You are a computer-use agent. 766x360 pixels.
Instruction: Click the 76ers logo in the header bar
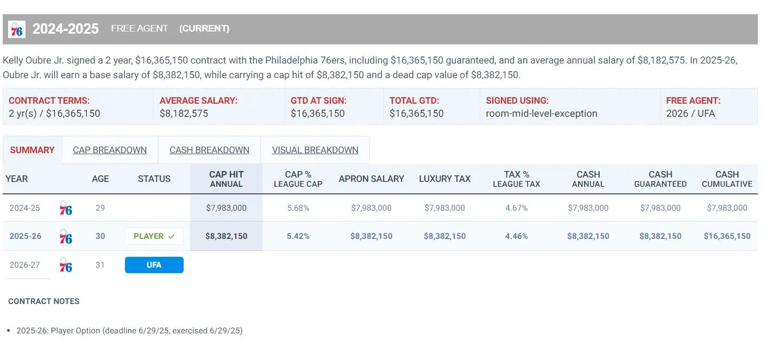pos(17,29)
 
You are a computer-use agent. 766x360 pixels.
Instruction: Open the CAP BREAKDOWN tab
pos(110,150)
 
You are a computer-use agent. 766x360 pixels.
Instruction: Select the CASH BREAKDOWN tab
pos(209,150)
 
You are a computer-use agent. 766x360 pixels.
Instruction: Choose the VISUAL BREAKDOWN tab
pos(315,150)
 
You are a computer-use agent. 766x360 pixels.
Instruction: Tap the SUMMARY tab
pos(32,150)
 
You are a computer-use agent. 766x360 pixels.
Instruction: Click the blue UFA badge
pos(154,265)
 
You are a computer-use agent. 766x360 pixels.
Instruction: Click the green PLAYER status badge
pos(154,236)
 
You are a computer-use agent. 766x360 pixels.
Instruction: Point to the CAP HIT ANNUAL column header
pos(226,179)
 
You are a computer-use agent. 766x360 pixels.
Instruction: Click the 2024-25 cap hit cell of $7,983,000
pos(226,207)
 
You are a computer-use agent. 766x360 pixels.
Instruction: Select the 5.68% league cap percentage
pos(298,207)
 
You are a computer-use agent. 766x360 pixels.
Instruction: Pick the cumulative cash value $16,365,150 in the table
pos(727,236)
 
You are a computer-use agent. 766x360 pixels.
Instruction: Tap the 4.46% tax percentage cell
pos(516,236)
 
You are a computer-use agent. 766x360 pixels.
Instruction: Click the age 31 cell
pos(100,265)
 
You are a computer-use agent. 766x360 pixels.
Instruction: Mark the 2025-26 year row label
pos(25,236)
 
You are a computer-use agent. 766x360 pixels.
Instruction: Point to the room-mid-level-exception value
pos(541,113)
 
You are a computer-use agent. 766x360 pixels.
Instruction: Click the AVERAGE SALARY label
pos(198,100)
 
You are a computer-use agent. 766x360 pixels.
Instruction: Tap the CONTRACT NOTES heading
pos(44,301)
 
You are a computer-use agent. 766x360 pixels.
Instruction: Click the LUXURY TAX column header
pos(444,179)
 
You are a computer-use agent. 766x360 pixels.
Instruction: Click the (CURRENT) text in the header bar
pos(204,28)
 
